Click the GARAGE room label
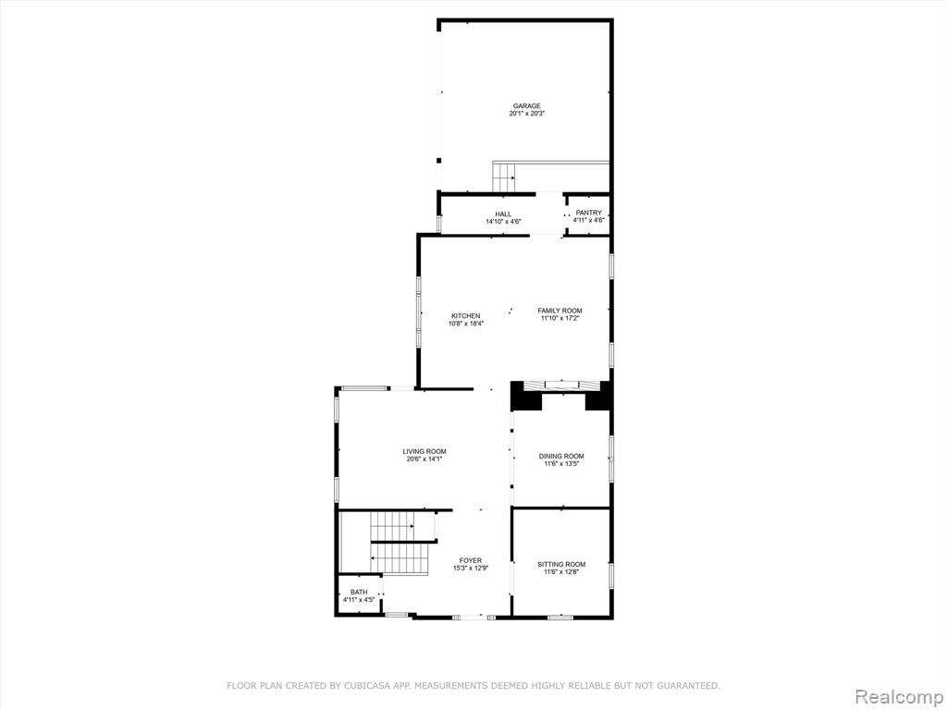(x=526, y=106)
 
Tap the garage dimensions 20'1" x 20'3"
(x=526, y=114)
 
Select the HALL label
(x=503, y=214)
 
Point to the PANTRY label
(x=589, y=214)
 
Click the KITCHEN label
(x=466, y=316)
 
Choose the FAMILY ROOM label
(x=560, y=311)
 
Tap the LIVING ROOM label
(x=424, y=451)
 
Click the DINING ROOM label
(x=561, y=457)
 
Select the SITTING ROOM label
(x=561, y=565)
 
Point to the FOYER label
(x=471, y=561)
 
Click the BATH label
(x=359, y=593)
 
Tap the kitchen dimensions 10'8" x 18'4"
(x=466, y=324)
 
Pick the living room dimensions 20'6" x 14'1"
(x=424, y=459)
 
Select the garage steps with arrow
(x=504, y=177)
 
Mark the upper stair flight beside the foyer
(x=393, y=526)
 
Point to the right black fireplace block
(x=598, y=397)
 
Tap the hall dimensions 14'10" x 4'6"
(x=503, y=222)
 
